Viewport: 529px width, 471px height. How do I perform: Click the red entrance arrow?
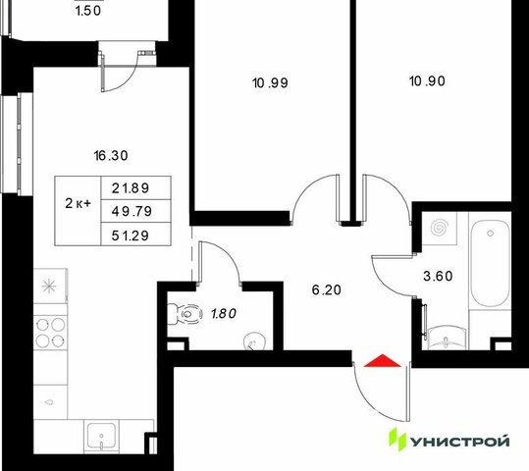click(383, 361)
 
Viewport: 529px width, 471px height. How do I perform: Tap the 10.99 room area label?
click(270, 83)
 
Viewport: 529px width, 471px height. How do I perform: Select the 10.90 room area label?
click(427, 81)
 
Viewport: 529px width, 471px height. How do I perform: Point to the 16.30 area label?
click(111, 156)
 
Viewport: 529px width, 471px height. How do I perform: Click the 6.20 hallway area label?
click(327, 290)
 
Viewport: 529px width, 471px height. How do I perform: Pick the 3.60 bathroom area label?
click(438, 277)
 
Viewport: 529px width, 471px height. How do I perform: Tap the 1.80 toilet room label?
click(224, 314)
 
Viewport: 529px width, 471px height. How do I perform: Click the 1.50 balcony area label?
click(88, 11)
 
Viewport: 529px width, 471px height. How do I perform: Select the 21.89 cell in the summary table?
click(131, 188)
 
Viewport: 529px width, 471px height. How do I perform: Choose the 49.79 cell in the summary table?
click(132, 212)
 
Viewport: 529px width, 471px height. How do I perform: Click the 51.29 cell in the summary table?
click(131, 235)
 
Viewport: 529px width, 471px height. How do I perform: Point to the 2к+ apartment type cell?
click(78, 204)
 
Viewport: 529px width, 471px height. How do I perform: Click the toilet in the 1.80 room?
click(185, 314)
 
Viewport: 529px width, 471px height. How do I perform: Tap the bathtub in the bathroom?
click(490, 264)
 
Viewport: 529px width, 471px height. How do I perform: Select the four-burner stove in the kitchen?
click(51, 333)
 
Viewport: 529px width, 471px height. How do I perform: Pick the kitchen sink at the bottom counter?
click(101, 436)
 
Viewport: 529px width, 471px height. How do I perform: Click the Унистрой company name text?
click(459, 442)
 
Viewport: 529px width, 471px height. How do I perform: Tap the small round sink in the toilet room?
click(254, 341)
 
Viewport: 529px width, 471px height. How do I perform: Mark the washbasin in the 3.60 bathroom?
click(447, 339)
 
